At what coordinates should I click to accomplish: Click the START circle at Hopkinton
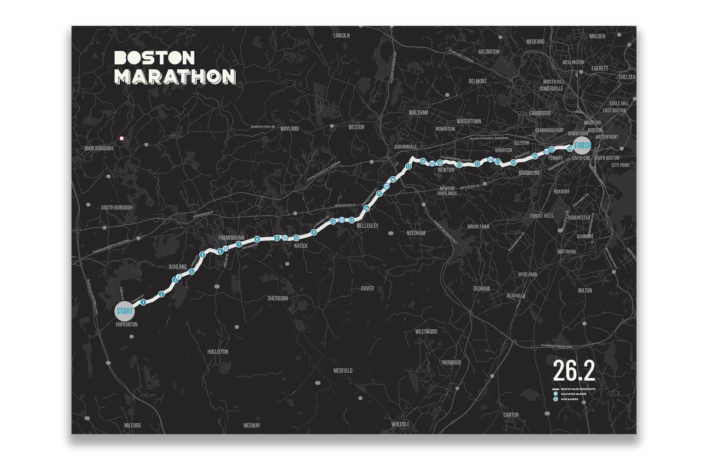(x=125, y=311)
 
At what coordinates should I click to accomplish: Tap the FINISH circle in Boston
(x=582, y=145)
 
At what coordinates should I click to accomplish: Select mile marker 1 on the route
(x=143, y=302)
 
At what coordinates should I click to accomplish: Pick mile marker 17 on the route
(x=408, y=166)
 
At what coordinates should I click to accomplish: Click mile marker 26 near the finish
(x=570, y=149)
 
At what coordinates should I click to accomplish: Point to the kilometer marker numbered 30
(x=432, y=163)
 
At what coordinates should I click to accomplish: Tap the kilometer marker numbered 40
(x=546, y=151)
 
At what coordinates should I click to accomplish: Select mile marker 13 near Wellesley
(x=352, y=220)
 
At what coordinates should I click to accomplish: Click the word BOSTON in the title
(x=155, y=58)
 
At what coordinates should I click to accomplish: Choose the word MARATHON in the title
(x=175, y=76)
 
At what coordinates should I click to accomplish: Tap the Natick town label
(x=301, y=246)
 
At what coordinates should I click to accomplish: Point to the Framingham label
(x=231, y=238)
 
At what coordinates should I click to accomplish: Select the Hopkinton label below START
(x=126, y=324)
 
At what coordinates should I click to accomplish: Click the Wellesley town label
(x=367, y=226)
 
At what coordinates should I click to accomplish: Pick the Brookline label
(x=529, y=173)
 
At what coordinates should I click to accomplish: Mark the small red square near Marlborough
(x=122, y=138)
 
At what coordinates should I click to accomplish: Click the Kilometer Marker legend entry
(x=573, y=394)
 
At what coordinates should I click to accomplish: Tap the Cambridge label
(x=540, y=113)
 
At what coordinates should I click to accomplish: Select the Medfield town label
(x=343, y=371)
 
